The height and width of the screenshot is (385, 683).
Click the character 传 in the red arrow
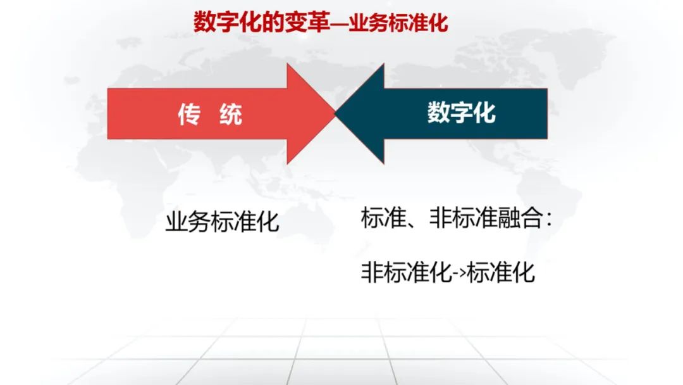[189, 115]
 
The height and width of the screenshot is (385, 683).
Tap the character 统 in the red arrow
[231, 115]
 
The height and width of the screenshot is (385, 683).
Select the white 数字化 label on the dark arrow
[461, 113]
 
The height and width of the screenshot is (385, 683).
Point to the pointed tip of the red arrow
[335, 113]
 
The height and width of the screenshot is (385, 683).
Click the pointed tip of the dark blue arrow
[335, 113]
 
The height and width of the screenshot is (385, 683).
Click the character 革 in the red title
[319, 22]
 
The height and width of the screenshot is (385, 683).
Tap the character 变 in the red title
[296, 22]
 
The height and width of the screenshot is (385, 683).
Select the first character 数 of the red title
[205, 22]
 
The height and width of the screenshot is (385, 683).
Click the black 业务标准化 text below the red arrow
[222, 222]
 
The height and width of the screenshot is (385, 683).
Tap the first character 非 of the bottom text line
[372, 272]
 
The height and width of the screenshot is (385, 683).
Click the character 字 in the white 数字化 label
[461, 113]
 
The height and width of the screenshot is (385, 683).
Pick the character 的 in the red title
[274, 22]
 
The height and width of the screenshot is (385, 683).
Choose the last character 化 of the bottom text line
[523, 272]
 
